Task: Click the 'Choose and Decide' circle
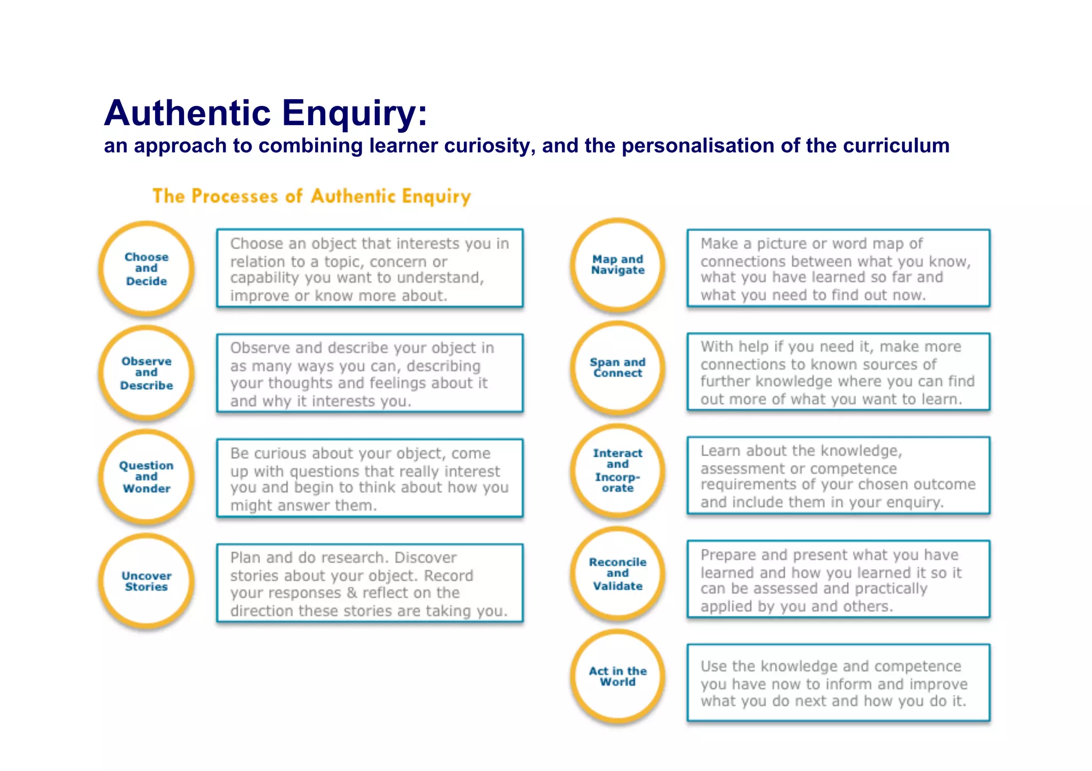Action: (146, 269)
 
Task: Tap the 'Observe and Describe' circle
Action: (146, 373)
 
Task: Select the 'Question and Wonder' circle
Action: (146, 477)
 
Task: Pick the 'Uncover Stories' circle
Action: (146, 581)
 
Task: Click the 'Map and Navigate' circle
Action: (617, 265)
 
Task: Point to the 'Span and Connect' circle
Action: (617, 368)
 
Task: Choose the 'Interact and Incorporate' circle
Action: (617, 470)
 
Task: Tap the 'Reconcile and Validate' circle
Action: (617, 574)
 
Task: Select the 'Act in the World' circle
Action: (617, 676)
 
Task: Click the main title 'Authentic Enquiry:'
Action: (266, 113)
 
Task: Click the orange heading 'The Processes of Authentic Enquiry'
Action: (311, 196)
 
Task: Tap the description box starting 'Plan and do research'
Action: (370, 583)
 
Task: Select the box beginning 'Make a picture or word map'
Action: (838, 268)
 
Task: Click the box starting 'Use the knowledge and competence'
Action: (838, 683)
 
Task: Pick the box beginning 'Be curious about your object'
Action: (370, 478)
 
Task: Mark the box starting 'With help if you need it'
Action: (838, 372)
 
